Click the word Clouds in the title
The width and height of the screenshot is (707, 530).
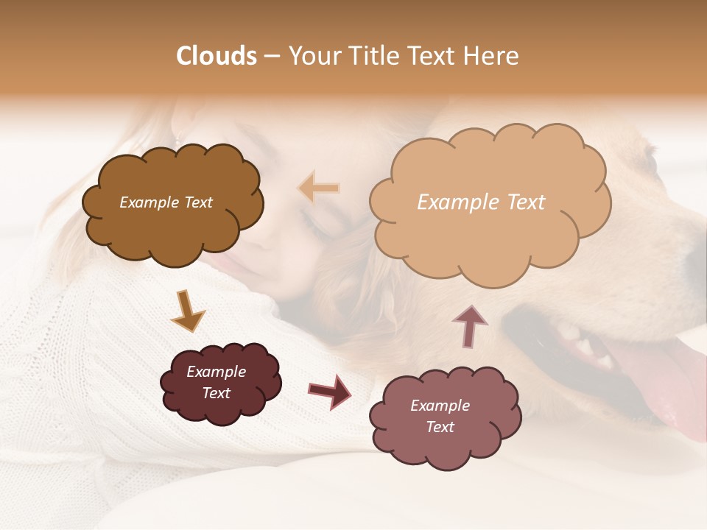point(217,56)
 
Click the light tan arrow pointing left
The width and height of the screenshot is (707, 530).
point(318,188)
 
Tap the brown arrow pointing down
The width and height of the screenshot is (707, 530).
point(187,310)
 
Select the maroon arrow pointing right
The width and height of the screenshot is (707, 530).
point(329,391)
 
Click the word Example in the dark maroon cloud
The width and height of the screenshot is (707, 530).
point(216,372)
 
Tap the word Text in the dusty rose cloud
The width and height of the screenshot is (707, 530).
point(440,427)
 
